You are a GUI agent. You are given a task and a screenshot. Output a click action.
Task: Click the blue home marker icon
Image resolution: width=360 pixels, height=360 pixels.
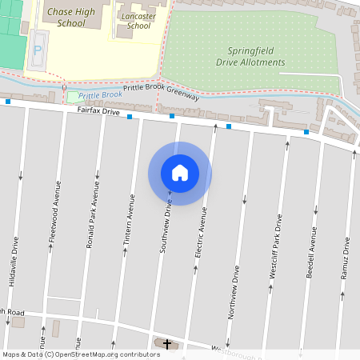[179, 173]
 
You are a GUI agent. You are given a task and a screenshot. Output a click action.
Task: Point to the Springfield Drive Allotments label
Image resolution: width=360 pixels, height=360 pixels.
[246, 55]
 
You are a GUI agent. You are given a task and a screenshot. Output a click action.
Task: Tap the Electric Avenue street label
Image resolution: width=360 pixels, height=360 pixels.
[202, 232]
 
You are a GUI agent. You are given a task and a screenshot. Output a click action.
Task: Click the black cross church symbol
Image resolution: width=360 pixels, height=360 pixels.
[167, 344]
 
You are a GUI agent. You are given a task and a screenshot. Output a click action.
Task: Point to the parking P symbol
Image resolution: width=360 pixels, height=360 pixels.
[38, 50]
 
